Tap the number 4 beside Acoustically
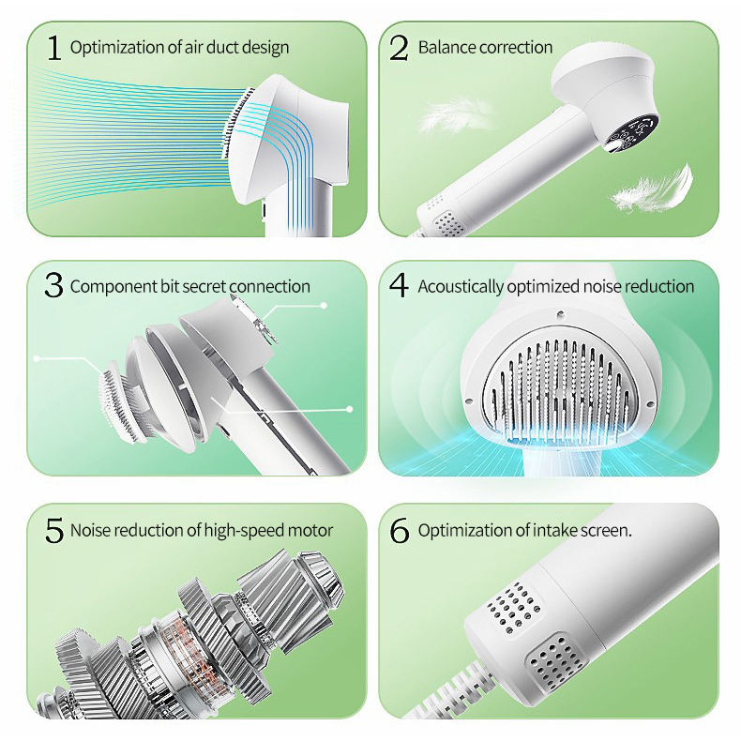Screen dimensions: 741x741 tap(400, 286)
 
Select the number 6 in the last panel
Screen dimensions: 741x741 tap(400, 530)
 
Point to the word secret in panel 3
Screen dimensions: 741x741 tap(212, 286)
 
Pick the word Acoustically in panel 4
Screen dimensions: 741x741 tap(461, 286)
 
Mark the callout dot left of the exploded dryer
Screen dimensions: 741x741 tap(36, 358)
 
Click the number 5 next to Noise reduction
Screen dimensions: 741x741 tap(53, 530)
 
